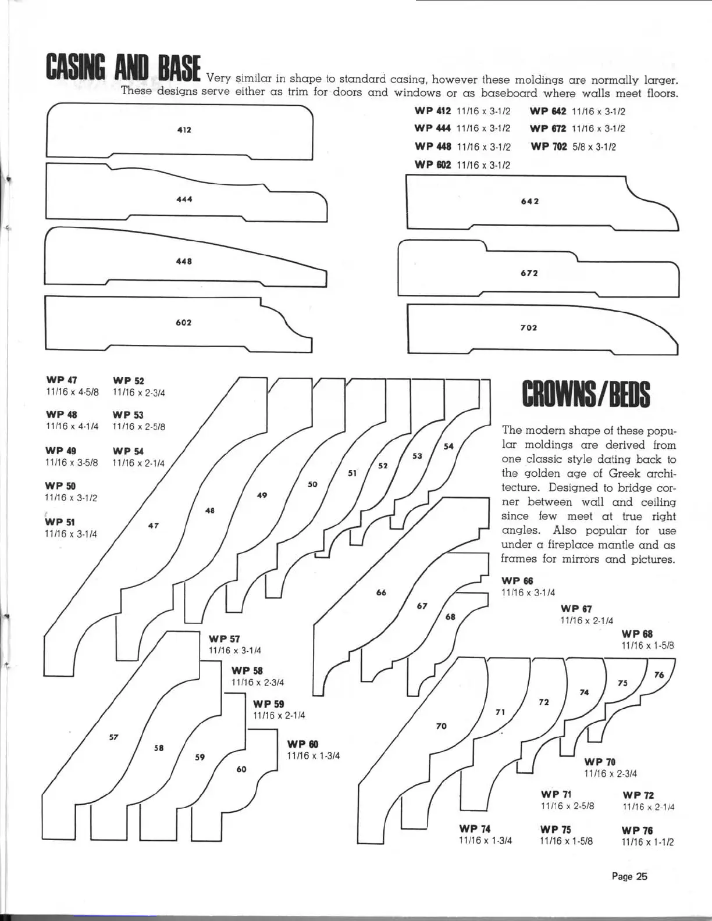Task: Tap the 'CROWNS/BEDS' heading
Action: pos(586,394)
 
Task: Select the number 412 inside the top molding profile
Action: pos(184,130)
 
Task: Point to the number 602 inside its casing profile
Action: pos(184,323)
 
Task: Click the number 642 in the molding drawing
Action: pos(529,201)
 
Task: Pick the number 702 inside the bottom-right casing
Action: pos(529,328)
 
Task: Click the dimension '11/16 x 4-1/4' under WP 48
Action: pos(72,426)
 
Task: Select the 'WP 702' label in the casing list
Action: pos(548,147)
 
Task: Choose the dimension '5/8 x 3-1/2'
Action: pos(594,147)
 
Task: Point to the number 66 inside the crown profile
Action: pos(382,592)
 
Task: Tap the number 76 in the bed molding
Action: pos(658,675)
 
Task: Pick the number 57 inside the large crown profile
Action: pos(114,737)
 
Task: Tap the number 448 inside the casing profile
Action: pos(184,262)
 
